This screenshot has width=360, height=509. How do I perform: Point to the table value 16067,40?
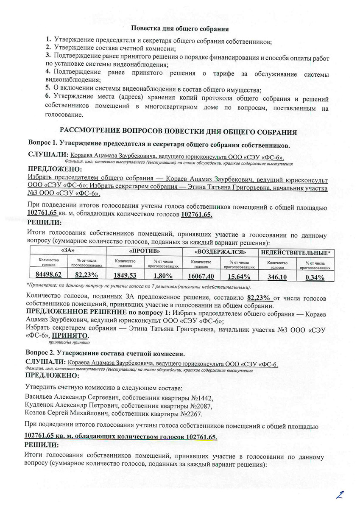tap(202, 276)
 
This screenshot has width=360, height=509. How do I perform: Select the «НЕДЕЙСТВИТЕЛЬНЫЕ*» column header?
tap(296, 252)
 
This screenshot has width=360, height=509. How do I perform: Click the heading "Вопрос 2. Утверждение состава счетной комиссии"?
tap(105, 353)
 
